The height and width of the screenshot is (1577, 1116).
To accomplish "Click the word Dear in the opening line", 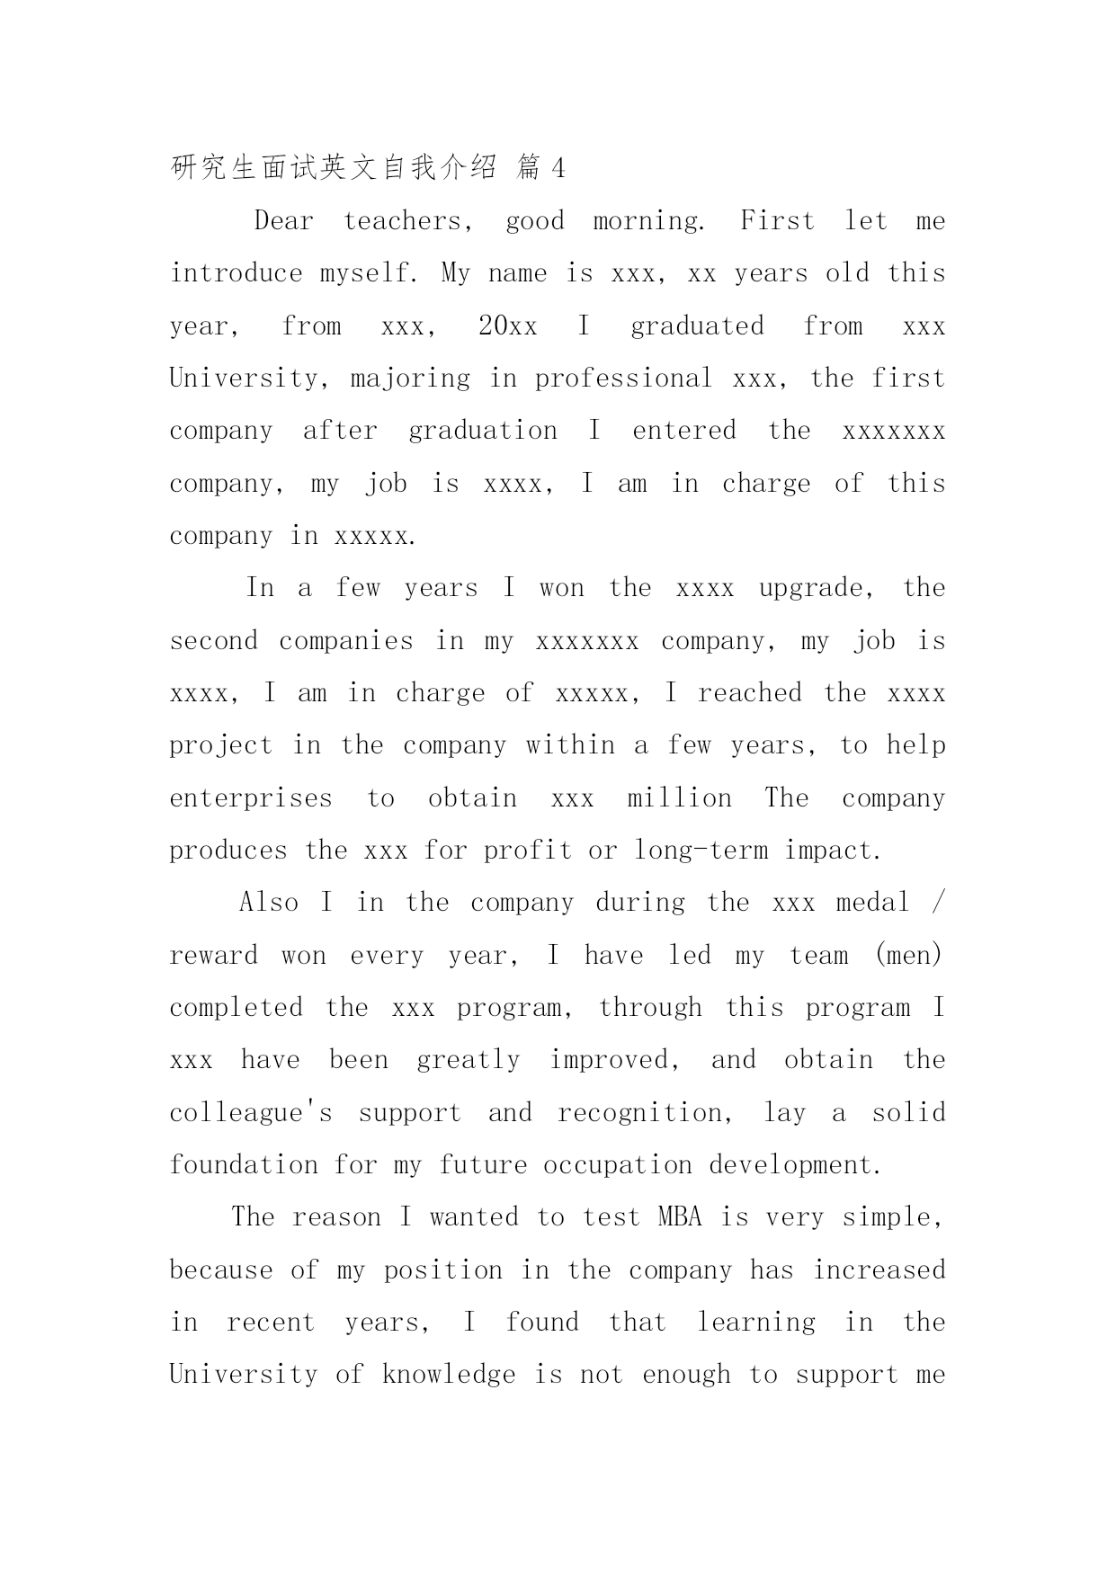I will tap(284, 221).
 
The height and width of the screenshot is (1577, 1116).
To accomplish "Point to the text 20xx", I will tap(507, 326).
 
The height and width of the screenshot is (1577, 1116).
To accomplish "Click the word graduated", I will tap(697, 326).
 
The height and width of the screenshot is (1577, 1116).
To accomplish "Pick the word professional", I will tap(623, 379).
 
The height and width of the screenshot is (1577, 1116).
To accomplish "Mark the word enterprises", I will tap(251, 798).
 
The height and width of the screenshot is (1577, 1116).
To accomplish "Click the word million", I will tap(680, 798).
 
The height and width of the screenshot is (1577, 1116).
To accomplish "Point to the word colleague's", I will tap(251, 1113).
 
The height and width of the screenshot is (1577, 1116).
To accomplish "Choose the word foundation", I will tap(244, 1165).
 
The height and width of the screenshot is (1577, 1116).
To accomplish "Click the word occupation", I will tap(618, 1165).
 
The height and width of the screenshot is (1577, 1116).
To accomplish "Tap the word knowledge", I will tap(449, 1375).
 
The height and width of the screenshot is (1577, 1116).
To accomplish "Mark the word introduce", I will tap(237, 273).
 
